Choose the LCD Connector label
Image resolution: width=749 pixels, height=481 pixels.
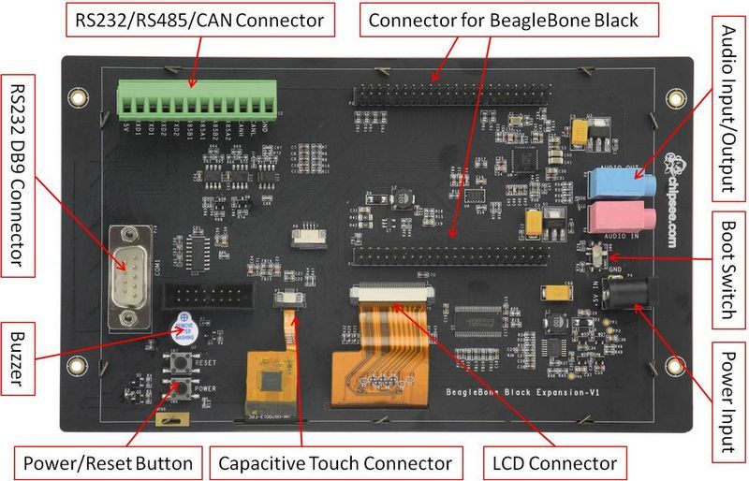tap(554, 462)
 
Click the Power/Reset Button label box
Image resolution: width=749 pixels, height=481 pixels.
tap(107, 462)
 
